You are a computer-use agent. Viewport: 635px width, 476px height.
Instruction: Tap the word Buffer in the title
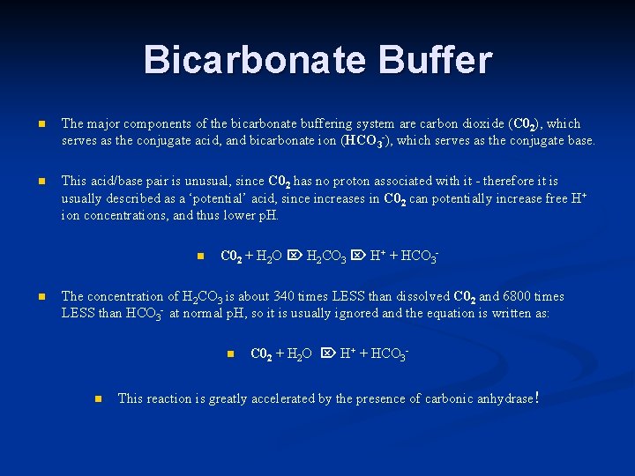coord(433,60)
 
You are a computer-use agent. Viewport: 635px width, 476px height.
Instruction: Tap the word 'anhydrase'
coord(502,398)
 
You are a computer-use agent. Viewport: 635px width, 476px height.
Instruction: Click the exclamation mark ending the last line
coord(537,398)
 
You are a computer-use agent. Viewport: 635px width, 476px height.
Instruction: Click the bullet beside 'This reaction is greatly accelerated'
coord(99,399)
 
